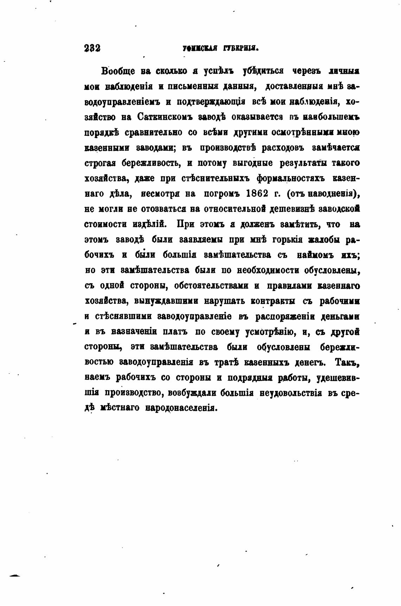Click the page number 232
[93, 48]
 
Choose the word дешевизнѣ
[292, 209]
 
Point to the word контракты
[273, 301]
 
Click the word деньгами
[340, 316]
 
